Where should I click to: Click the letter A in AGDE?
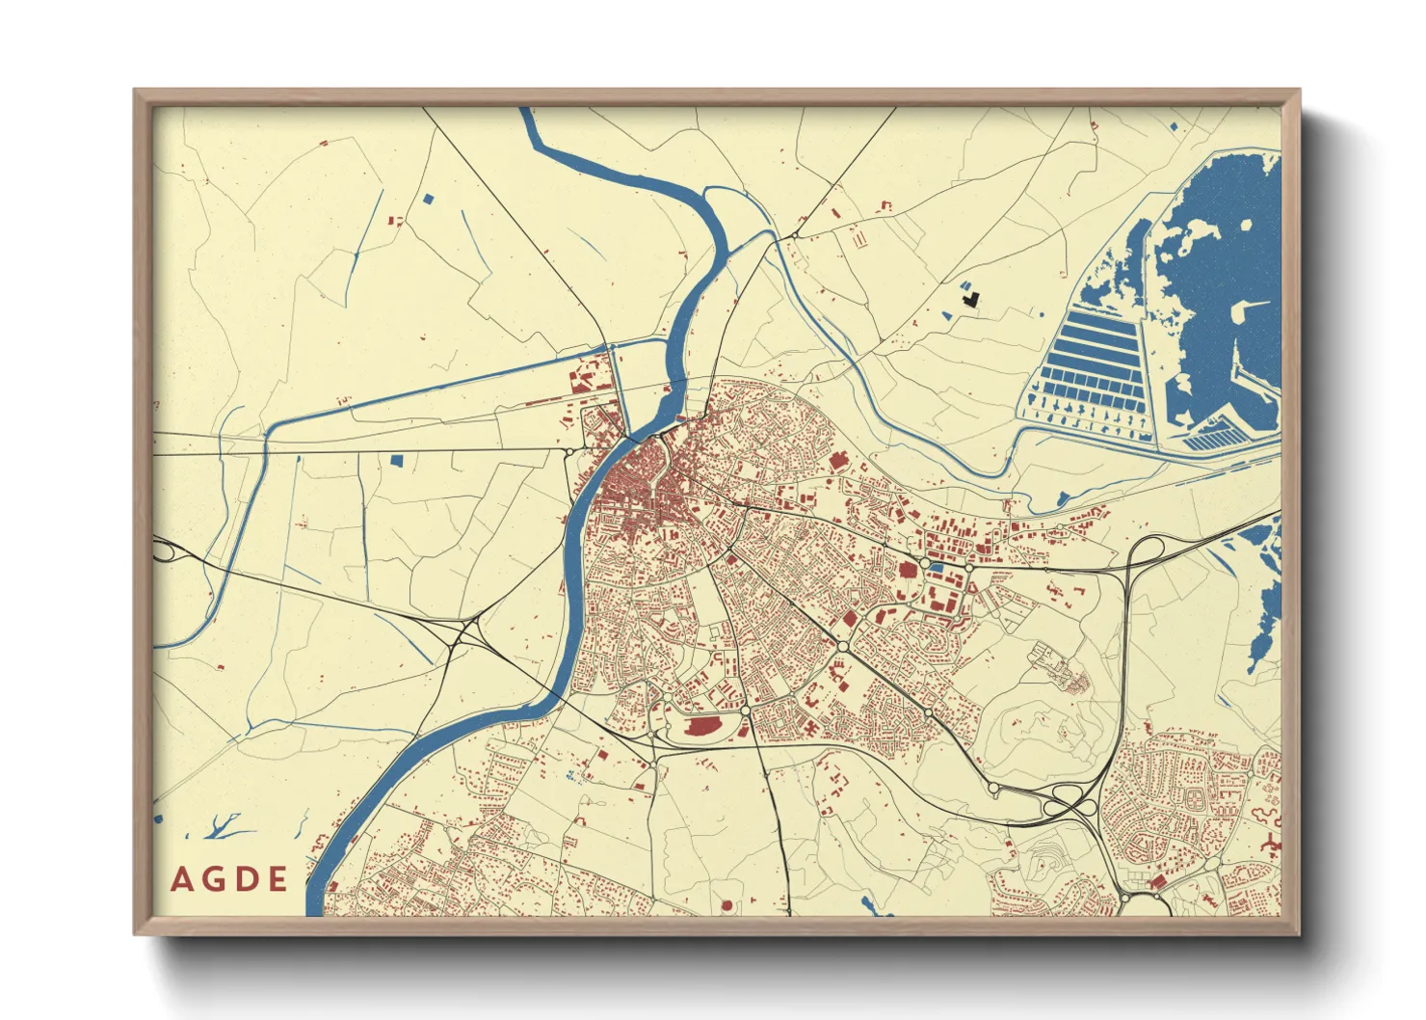(180, 879)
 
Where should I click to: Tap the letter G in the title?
(214, 879)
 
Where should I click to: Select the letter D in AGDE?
(247, 879)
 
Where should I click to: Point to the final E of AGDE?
(278, 879)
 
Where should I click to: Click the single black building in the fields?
(971, 298)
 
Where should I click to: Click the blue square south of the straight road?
(395, 461)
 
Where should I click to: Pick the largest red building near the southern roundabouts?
(706, 726)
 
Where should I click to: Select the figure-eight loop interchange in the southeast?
(1067, 798)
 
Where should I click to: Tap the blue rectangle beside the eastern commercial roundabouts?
(935, 568)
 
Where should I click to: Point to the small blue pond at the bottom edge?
(868, 904)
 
